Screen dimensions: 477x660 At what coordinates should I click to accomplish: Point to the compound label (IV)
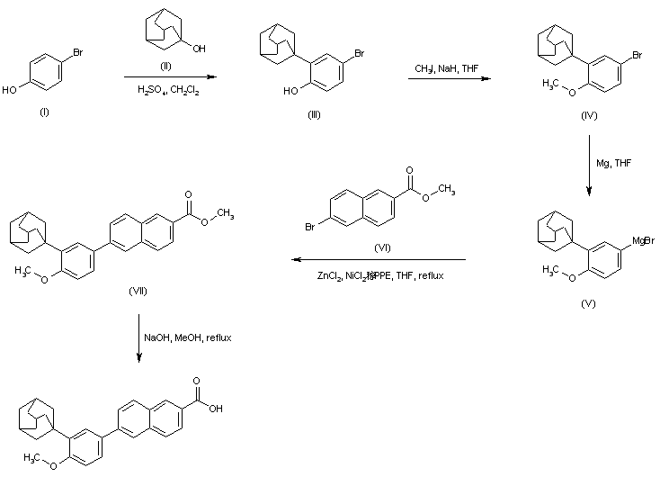(x=589, y=116)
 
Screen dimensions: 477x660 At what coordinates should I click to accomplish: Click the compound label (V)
(x=588, y=304)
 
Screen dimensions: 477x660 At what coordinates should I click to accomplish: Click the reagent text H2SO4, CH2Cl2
(x=169, y=88)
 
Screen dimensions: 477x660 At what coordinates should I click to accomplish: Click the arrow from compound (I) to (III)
(x=168, y=78)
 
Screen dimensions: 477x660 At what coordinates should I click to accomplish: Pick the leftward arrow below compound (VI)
(x=378, y=259)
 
